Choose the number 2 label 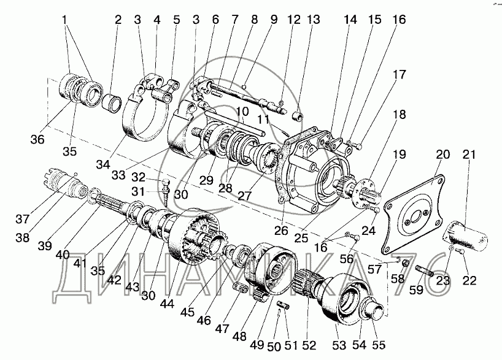click(x=118, y=20)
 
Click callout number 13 click(x=314, y=20)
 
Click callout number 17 click(x=399, y=75)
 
